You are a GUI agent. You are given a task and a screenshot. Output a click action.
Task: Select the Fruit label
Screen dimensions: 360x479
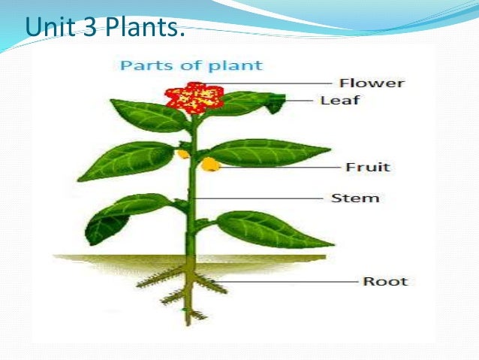point(368,167)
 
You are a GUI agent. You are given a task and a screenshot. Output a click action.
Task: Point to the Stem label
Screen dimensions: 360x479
point(355,198)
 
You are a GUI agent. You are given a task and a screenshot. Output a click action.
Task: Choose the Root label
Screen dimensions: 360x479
point(385,282)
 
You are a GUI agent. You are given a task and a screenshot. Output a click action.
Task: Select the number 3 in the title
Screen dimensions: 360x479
point(89,29)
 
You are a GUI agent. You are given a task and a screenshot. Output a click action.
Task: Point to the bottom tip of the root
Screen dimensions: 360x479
point(188,322)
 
